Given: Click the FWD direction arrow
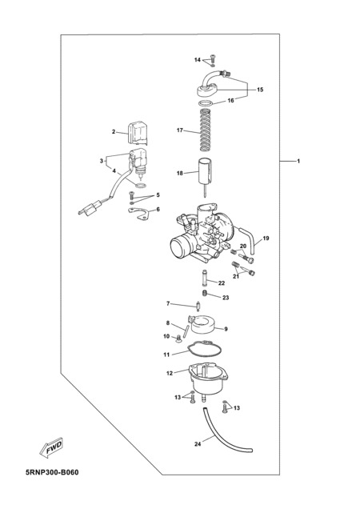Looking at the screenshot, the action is click(51, 448).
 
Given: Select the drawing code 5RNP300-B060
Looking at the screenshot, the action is click(52, 472).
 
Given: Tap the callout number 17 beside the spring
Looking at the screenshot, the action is click(180, 130).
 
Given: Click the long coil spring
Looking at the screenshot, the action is click(204, 130).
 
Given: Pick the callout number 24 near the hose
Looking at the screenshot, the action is click(198, 443).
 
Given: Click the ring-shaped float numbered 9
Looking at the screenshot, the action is click(202, 325).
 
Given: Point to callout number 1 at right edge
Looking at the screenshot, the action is click(298, 161).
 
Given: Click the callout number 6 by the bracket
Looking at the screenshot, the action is click(158, 210).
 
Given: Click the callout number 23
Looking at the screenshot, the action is click(226, 298).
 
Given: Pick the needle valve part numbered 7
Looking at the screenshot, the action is click(198, 306).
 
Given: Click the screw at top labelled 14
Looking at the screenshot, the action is click(213, 60).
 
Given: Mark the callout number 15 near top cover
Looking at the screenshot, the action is click(260, 90).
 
